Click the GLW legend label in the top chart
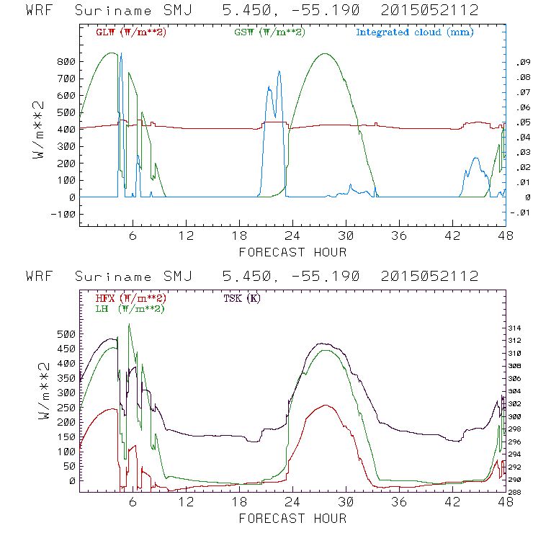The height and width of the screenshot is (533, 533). tap(130, 32)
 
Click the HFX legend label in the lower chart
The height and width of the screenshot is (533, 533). tap(130, 298)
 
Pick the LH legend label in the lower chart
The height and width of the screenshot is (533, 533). tap(129, 308)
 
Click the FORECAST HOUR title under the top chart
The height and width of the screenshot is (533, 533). tap(292, 252)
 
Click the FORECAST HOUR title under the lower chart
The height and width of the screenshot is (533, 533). tap(292, 518)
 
